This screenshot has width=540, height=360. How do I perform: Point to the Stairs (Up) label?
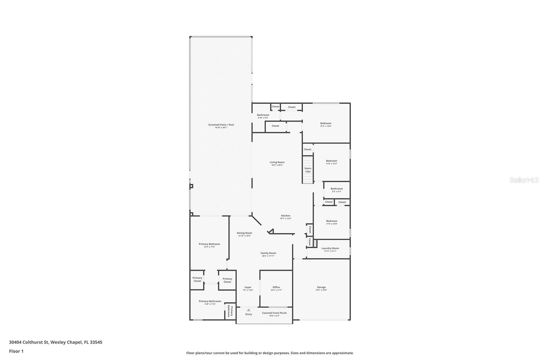pos(308,170)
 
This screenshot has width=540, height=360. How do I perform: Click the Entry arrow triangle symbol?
pos(248,310)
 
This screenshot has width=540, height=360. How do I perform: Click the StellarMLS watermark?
pos(524,180)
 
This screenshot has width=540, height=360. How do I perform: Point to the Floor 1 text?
pos(16,351)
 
